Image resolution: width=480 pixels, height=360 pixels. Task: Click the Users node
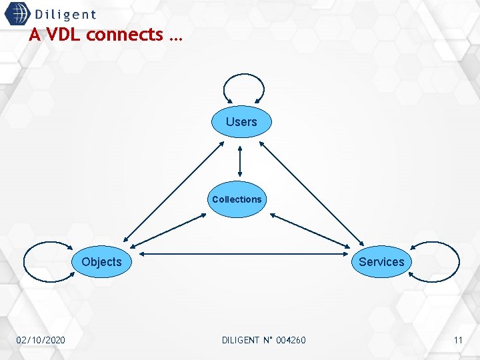tap(241, 122)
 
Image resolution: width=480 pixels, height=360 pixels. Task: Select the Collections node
tap(237, 199)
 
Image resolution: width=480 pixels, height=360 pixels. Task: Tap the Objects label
tap(101, 262)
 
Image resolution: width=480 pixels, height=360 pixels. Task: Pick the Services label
tap(381, 262)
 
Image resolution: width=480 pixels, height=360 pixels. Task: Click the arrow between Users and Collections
tap(239, 160)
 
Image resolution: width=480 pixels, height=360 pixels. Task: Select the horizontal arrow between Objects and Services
tap(243, 254)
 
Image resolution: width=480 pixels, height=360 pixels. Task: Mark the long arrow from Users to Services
tap(311, 193)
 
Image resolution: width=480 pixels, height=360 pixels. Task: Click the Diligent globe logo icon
tap(17, 15)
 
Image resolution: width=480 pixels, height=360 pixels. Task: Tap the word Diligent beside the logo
tap(65, 15)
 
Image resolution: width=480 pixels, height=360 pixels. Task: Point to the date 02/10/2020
tap(41, 341)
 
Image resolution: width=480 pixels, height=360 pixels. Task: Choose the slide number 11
tap(458, 341)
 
